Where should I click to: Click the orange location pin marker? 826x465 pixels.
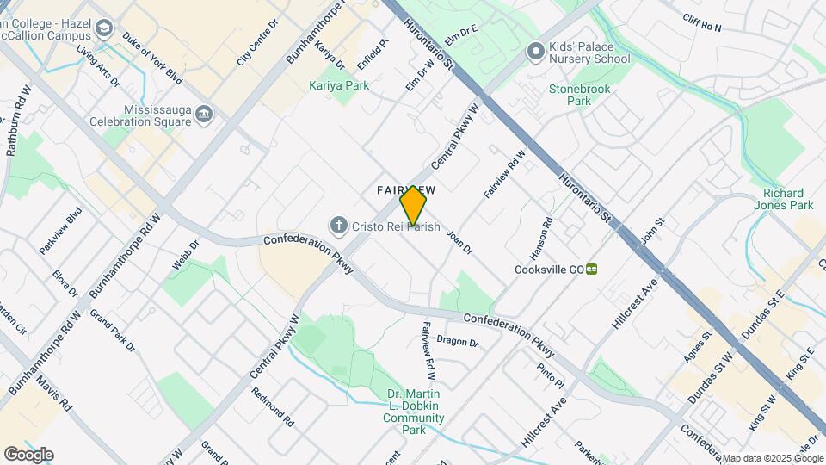(x=413, y=205)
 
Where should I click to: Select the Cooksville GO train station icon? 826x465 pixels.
(x=592, y=269)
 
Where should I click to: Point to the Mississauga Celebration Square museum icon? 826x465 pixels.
(x=204, y=114)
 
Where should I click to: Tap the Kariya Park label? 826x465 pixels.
(x=339, y=85)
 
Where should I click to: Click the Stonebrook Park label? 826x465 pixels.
(x=571, y=95)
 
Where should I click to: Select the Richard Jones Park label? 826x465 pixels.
(x=788, y=199)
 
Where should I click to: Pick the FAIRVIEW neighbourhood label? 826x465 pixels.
(x=405, y=189)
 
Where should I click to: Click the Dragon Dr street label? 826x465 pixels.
(x=457, y=341)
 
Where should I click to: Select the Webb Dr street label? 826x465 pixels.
(x=185, y=256)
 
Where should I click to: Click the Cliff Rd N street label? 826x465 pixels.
(x=703, y=22)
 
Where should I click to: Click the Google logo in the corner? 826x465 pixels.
(x=28, y=454)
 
